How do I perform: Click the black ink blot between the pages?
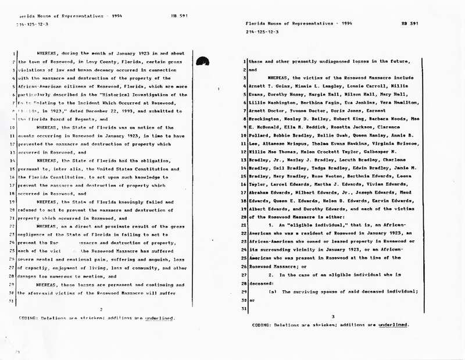pos(203,59)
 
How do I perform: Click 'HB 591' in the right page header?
pos(410,23)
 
